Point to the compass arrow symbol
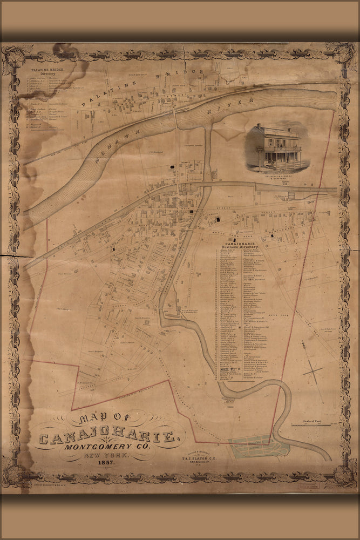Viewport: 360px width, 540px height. (x=312, y=371)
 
